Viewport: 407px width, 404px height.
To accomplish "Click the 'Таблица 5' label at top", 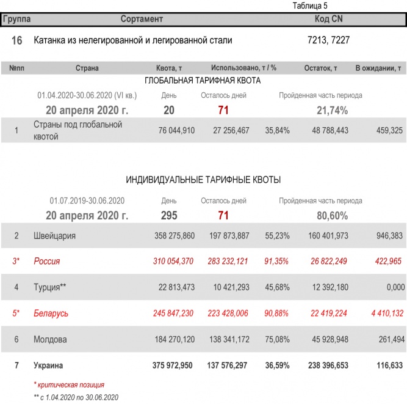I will pos(310,6).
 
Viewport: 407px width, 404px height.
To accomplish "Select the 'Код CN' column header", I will pos(328,20).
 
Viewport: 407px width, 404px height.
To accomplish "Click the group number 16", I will pos(17,40).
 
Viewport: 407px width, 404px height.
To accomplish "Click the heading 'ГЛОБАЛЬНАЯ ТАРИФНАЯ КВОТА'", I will pos(203,81).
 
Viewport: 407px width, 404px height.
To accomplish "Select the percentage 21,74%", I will pos(333,110).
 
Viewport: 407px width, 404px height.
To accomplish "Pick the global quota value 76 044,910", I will pos(176,130).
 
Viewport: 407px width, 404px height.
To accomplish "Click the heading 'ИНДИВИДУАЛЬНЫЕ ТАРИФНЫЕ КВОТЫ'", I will pos(203,180).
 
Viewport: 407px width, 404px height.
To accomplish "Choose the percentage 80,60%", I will pos(333,215).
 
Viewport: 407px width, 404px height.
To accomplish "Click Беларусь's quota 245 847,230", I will pos(173,314).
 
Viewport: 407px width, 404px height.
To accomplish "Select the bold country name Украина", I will pos(49,365).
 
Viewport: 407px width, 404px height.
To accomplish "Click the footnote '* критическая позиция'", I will pos(69,385).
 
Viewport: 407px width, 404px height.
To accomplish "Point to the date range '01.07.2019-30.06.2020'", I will pos(87,200).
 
